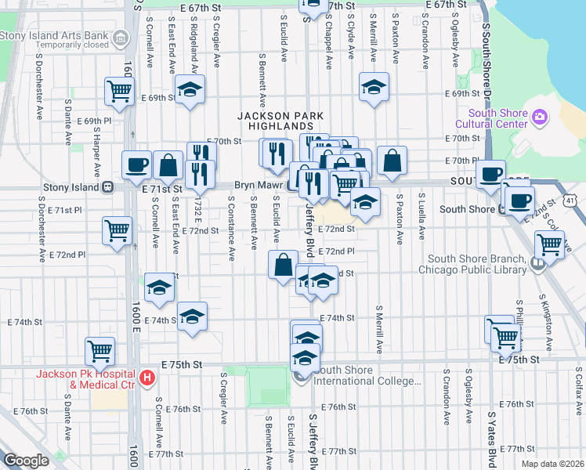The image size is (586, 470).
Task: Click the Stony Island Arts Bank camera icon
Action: click(x=121, y=37)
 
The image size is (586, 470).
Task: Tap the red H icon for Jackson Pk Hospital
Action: click(x=146, y=379)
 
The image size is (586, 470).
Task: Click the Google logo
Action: click(x=25, y=461)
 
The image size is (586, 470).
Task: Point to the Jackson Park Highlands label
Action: click(x=269, y=121)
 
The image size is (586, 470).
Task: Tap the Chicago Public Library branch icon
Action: click(x=537, y=265)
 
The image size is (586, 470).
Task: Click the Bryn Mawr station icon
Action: click(x=291, y=187)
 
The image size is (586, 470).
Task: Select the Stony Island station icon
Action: click(x=108, y=188)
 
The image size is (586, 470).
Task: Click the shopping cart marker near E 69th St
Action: click(x=119, y=92)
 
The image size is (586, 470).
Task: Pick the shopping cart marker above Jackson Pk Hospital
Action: click(x=100, y=351)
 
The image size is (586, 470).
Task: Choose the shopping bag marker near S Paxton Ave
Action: click(x=392, y=161)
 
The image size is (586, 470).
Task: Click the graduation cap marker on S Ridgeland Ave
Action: click(x=190, y=90)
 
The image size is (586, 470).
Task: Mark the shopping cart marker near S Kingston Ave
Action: click(x=549, y=244)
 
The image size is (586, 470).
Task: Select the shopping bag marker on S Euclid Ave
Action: click(x=283, y=265)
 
